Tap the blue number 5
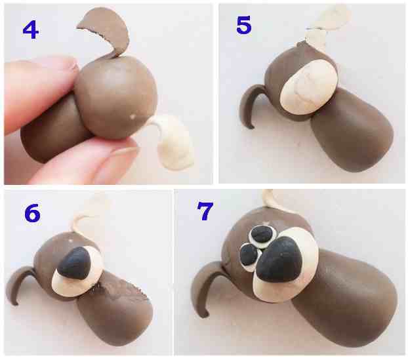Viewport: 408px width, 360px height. pyautogui.click(x=243, y=26)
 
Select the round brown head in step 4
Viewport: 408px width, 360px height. pyautogui.click(x=116, y=97)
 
